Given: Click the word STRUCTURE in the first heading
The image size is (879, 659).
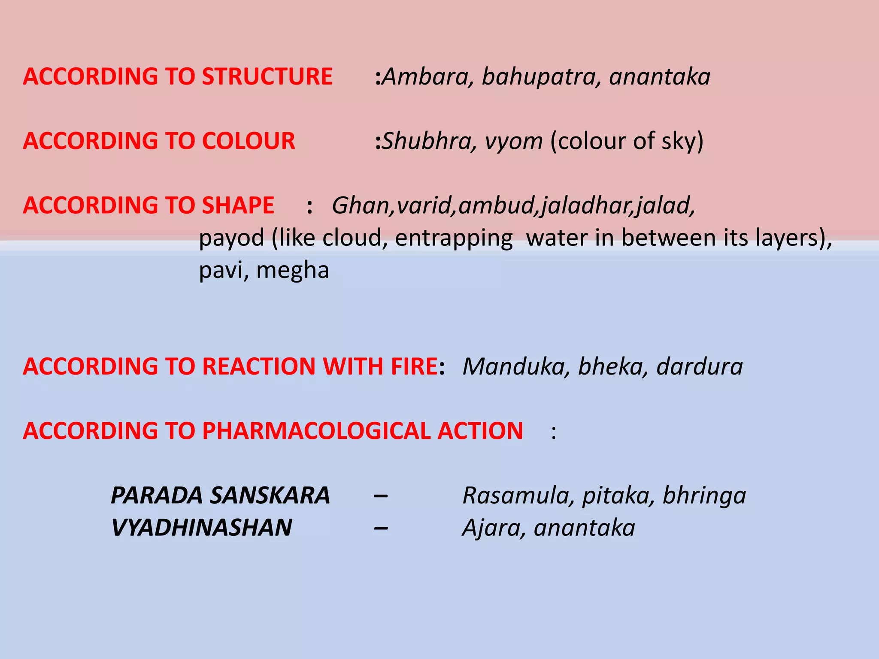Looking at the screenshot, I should point(267,76).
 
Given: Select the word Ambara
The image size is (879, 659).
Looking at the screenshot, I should point(427,76).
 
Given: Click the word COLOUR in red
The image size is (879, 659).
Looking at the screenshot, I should point(249,141).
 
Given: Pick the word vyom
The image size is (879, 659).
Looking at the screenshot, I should point(513,142).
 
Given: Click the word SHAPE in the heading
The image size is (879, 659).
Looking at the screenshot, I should point(238,205).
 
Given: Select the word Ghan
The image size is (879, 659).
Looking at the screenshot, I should point(360,205).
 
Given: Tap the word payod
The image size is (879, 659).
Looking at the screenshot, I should point(231,238).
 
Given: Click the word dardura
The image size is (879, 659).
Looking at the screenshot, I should point(699,366).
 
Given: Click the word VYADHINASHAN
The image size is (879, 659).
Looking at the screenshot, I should point(201,527).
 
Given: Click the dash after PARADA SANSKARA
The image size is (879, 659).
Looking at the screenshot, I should point(381,496).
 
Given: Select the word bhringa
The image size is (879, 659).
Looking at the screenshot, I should point(704,496).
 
